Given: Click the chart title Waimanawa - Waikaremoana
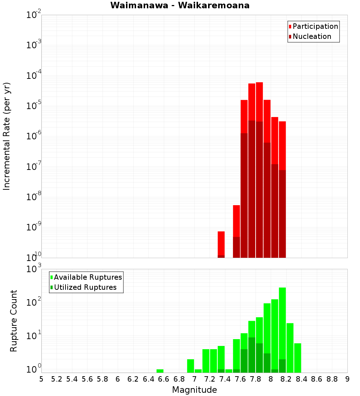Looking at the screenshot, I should point(180,5).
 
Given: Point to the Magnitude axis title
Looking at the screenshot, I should point(194,390).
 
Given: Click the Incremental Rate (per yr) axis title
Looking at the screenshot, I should point(7,136).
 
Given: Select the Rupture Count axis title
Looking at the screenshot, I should point(14,320).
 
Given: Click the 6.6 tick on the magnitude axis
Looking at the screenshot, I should point(164,379).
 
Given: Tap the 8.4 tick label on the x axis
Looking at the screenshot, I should point(302,379).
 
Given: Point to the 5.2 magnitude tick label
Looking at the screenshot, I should point(57,379).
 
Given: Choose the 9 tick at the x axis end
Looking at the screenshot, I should point(347,379).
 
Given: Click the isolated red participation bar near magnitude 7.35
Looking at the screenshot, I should point(221,243).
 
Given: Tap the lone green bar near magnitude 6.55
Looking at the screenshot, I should point(160,371).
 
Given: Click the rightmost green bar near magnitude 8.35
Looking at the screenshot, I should point(297,358).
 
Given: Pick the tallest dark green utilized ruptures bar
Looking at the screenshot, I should point(252,355).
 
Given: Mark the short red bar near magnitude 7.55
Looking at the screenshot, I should point(237,220).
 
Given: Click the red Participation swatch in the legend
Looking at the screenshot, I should point(290,27).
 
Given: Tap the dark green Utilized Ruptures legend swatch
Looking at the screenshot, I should point(51,287).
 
